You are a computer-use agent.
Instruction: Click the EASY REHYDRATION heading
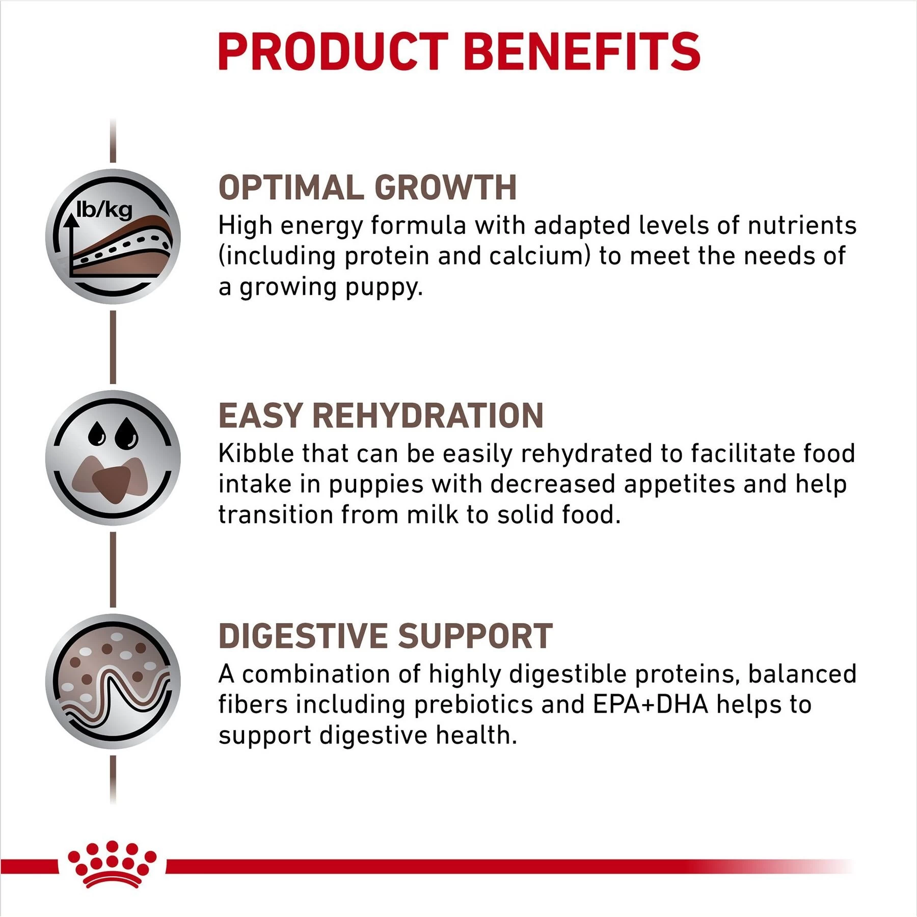pyautogui.click(x=381, y=415)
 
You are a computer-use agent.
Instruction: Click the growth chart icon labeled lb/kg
pyautogui.click(x=113, y=237)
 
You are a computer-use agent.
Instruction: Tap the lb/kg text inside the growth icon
pyautogui.click(x=104, y=209)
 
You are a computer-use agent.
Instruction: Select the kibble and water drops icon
pyautogui.click(x=113, y=458)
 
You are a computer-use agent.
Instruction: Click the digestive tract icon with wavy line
pyautogui.click(x=113, y=681)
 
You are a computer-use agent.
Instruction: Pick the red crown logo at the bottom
pyautogui.click(x=112, y=864)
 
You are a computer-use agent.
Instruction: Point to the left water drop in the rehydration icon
pyautogui.click(x=97, y=434)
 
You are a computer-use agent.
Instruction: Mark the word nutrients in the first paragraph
pyautogui.click(x=802, y=226)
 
